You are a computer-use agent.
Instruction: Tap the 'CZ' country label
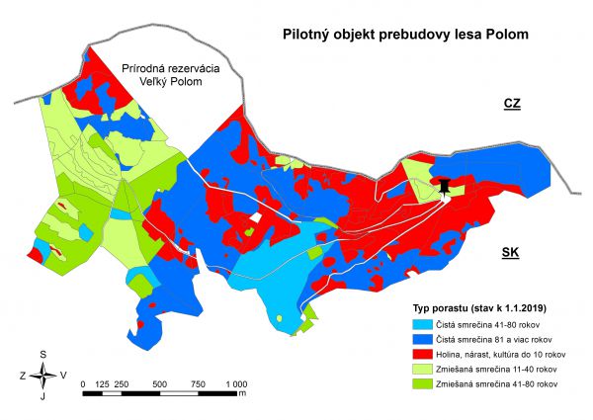[x=511, y=104]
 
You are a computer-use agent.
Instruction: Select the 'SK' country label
[x=510, y=253]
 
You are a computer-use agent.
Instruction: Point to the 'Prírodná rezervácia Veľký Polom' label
[x=162, y=75]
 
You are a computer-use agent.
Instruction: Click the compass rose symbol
[x=42, y=375]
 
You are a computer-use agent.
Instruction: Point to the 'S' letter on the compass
[x=43, y=354]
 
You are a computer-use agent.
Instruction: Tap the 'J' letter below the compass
[x=42, y=396]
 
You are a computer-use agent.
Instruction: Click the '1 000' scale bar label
[x=234, y=383]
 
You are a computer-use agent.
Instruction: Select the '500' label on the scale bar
[x=159, y=383]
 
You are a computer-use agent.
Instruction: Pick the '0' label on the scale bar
[x=85, y=383]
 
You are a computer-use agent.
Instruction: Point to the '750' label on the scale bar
[x=198, y=383]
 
